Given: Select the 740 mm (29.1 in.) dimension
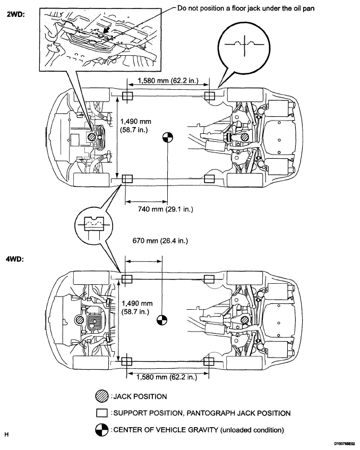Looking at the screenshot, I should [165, 209].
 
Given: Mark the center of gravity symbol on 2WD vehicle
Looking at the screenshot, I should [167, 137].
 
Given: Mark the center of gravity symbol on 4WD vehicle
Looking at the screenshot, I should [163, 320].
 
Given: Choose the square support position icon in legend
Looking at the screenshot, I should [102, 413].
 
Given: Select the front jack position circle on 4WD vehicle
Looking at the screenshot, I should [80, 320].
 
